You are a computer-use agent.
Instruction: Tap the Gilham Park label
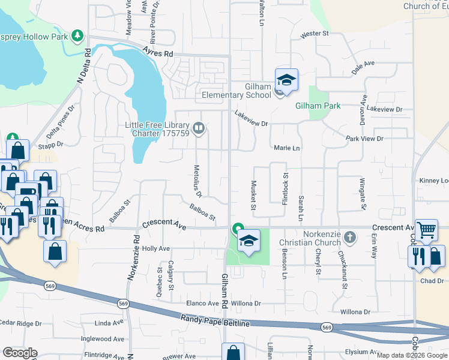[318, 106]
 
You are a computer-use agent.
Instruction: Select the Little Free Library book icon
[199, 127]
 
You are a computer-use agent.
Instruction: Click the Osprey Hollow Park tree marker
[77, 36]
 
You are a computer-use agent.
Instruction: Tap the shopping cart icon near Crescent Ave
[426, 229]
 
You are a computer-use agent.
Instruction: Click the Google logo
[20, 353]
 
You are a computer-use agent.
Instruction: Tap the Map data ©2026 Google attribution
[412, 355]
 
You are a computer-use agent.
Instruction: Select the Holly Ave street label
[155, 248]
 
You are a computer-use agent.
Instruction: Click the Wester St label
[315, 34]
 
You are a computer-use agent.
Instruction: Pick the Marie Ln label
[286, 148]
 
